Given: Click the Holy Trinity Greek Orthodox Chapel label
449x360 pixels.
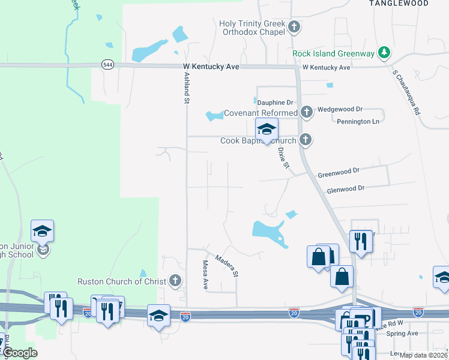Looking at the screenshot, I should [x=252, y=28].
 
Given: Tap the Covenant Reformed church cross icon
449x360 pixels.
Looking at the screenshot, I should [x=307, y=112].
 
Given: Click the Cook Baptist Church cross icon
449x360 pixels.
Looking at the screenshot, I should [x=306, y=140].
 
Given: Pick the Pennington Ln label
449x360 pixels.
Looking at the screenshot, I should [x=358, y=121].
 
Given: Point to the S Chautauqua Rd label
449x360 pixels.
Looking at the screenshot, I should [x=406, y=94].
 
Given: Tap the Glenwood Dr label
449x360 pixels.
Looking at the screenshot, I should [x=345, y=188].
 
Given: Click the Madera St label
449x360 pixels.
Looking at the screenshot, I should [x=227, y=266].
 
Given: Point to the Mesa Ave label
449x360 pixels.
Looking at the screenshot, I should [x=205, y=274].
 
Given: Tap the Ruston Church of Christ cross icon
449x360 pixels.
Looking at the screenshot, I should [x=175, y=280].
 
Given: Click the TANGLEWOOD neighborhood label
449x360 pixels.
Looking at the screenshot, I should [x=399, y=4].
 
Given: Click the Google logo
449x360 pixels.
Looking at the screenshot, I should [x=20, y=353].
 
